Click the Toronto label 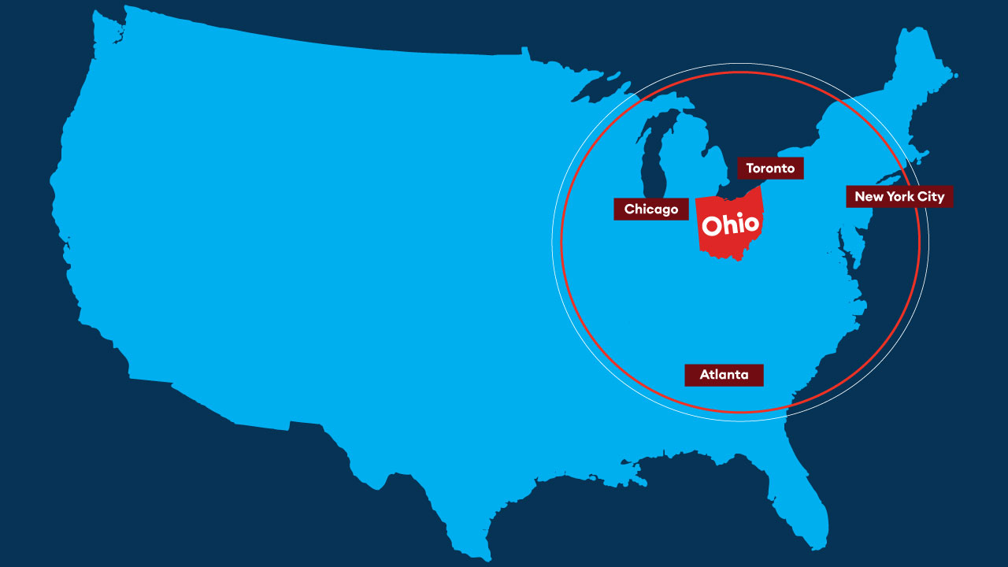770,169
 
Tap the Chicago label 650,209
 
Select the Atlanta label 724,375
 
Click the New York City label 899,197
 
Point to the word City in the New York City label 931,197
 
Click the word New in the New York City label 869,197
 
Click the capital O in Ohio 712,226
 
